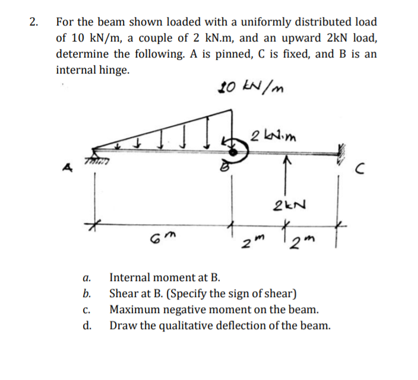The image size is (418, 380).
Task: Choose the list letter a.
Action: point(87,277)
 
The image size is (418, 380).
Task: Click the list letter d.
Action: point(87,325)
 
